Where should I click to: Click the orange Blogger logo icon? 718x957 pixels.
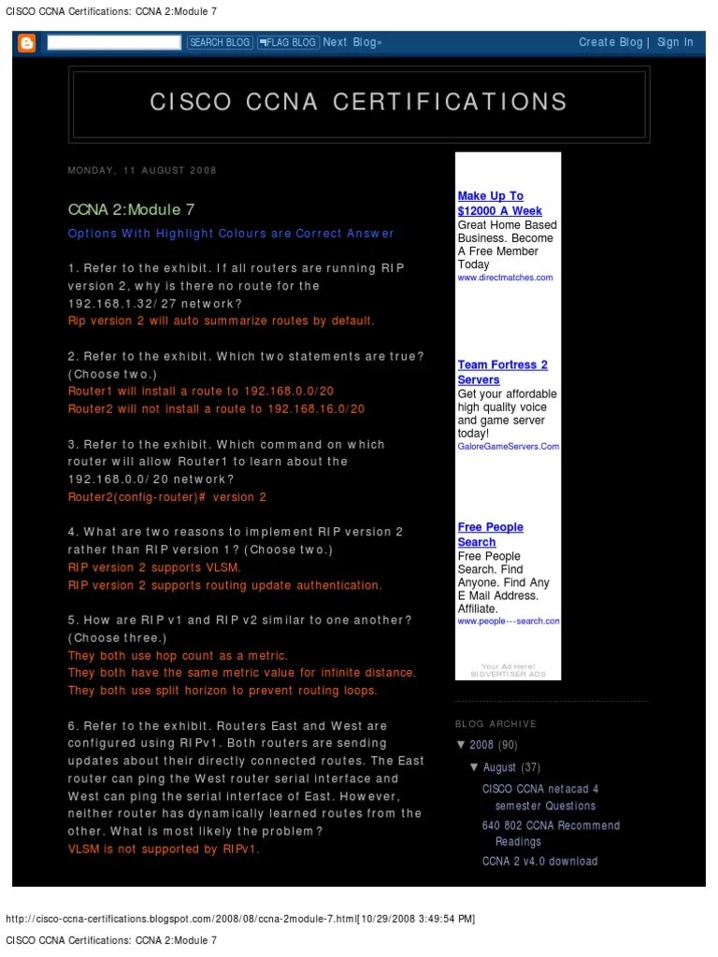pyautogui.click(x=27, y=42)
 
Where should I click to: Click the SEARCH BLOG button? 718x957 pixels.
pyautogui.click(x=220, y=42)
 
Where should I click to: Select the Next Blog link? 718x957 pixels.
pyautogui.click(x=352, y=42)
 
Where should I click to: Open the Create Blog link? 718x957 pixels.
pyautogui.click(x=610, y=42)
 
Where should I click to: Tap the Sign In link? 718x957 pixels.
pyautogui.click(x=675, y=42)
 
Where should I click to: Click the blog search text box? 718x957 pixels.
pyautogui.click(x=114, y=42)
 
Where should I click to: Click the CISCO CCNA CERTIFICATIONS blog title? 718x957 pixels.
pyautogui.click(x=359, y=102)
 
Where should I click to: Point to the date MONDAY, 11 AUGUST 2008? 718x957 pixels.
pyautogui.click(x=142, y=170)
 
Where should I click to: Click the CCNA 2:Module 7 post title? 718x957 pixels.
pyautogui.click(x=132, y=210)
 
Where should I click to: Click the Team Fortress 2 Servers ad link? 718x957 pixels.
pyautogui.click(x=502, y=372)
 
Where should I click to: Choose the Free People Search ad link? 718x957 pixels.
pyautogui.click(x=490, y=535)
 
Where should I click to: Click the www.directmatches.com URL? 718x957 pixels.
pyautogui.click(x=505, y=278)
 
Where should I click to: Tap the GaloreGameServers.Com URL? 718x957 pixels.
pyautogui.click(x=508, y=447)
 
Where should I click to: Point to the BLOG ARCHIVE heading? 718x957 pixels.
pyautogui.click(x=495, y=723)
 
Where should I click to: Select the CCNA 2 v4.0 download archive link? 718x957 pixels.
pyautogui.click(x=539, y=861)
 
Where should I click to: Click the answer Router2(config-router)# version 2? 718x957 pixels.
pyautogui.click(x=167, y=497)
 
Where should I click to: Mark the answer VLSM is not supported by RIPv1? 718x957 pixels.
pyautogui.click(x=164, y=850)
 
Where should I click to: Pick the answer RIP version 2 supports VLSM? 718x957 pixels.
pyautogui.click(x=154, y=567)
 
